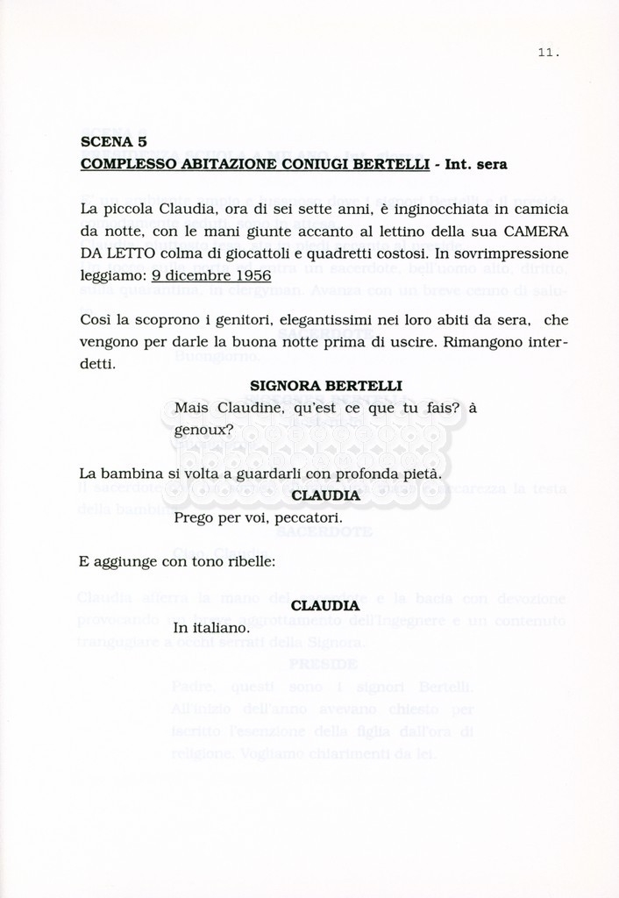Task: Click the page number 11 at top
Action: click(x=548, y=53)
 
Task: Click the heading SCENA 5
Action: click(x=113, y=141)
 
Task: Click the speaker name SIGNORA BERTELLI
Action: click(x=314, y=386)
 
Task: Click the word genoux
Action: click(x=201, y=430)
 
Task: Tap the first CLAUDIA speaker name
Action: click(x=325, y=495)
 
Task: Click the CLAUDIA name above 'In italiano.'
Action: click(x=325, y=605)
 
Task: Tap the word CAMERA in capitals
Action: click(x=536, y=231)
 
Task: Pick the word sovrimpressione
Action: click(x=506, y=253)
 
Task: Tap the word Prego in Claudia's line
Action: click(x=193, y=517)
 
